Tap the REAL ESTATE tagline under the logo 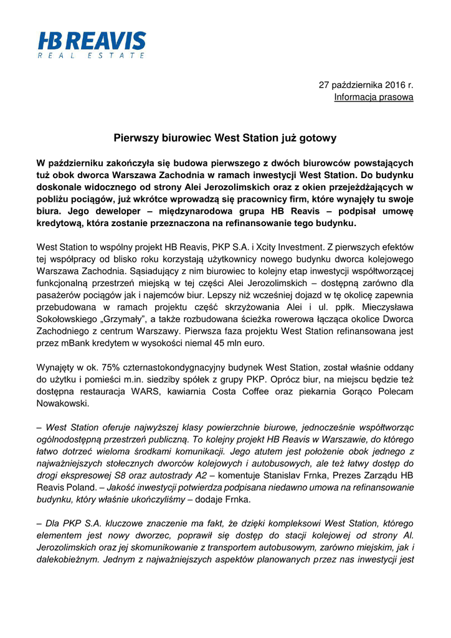pyautogui.click(x=92, y=56)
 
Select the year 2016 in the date pyautogui.click(x=392, y=85)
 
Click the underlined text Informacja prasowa pyautogui.click(x=374, y=97)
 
